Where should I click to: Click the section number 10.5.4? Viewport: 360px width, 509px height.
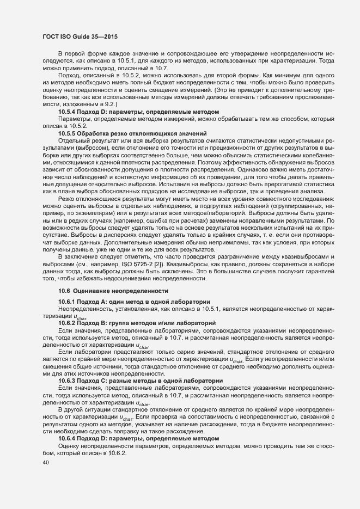68,112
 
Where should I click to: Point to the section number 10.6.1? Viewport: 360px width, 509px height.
68,302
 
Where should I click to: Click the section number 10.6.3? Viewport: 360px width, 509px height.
68,381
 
